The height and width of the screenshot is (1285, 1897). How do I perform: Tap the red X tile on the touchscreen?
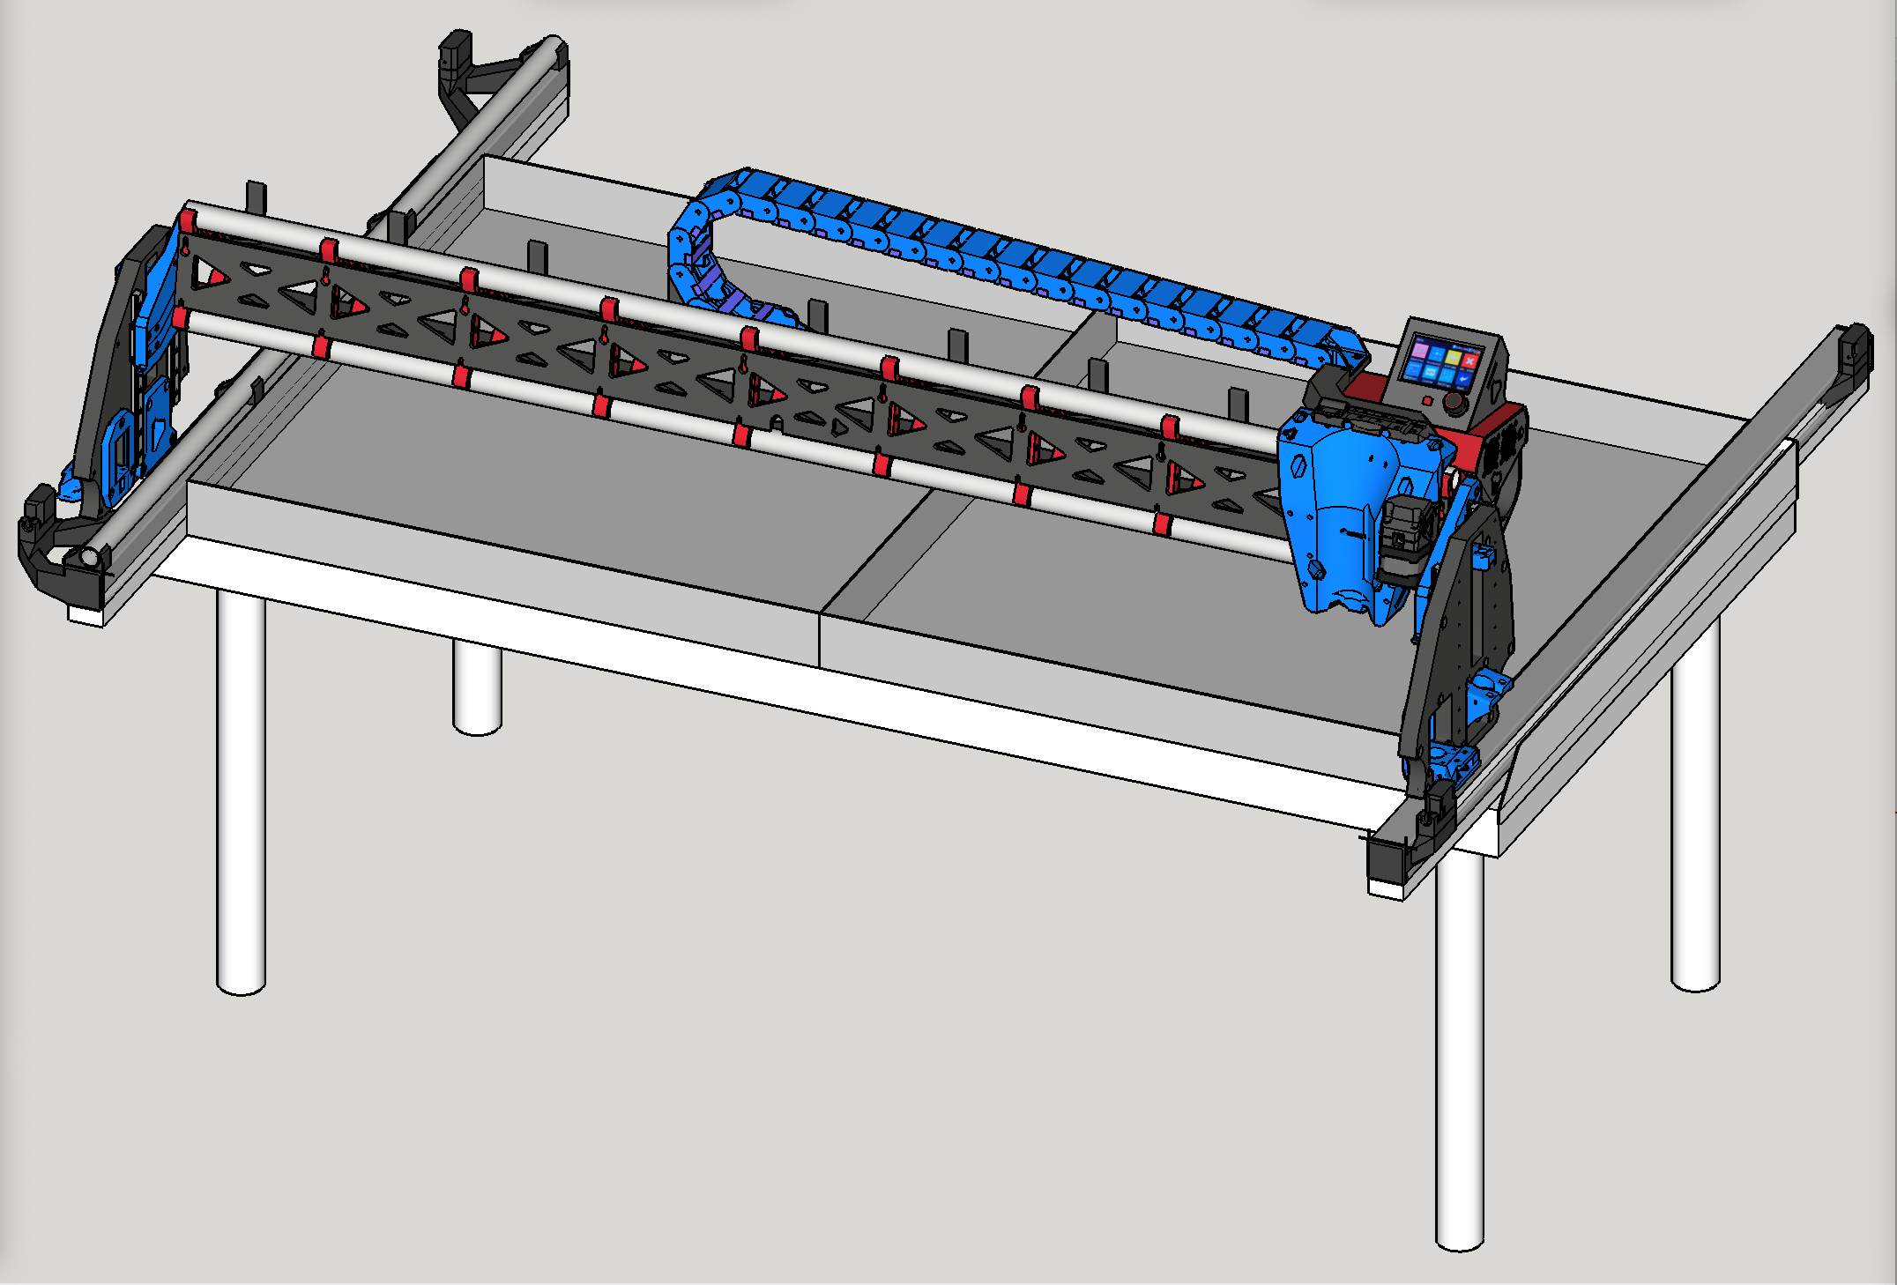[x=1469, y=360]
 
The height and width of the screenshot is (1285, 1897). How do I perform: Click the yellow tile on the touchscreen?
[x=1454, y=357]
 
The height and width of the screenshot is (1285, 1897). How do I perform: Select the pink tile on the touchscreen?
[x=1420, y=351]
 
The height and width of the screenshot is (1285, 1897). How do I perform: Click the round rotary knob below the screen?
[x=1454, y=401]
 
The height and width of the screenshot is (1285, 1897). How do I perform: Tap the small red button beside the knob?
[x=1428, y=400]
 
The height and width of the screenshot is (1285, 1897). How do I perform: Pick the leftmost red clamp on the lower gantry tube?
[x=180, y=316]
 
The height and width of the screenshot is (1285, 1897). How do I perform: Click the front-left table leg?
[x=241, y=793]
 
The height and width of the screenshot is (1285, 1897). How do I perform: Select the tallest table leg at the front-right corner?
[x=1459, y=1058]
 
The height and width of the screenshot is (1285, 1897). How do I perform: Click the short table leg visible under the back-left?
[x=477, y=687]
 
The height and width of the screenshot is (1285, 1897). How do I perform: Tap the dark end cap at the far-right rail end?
[x=1856, y=349]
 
